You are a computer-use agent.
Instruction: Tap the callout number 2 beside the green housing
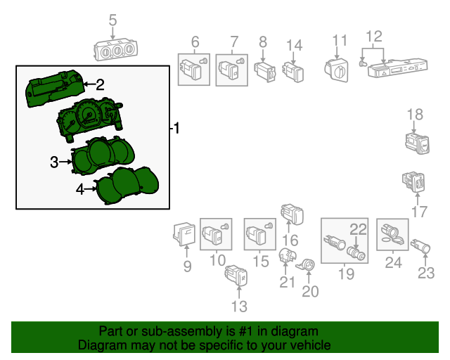click(100, 85)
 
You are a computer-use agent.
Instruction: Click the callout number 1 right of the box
click(176, 128)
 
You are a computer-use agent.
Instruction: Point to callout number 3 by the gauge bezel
click(54, 163)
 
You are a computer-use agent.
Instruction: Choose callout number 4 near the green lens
click(80, 188)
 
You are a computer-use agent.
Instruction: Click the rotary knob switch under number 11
click(337, 69)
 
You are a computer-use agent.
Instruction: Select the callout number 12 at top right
click(373, 36)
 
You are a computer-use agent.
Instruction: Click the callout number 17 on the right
click(419, 211)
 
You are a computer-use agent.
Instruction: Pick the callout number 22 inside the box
click(359, 229)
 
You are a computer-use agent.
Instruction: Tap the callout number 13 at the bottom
click(240, 306)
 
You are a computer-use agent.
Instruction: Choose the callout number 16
click(290, 240)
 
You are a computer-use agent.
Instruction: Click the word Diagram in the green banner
click(98, 346)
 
